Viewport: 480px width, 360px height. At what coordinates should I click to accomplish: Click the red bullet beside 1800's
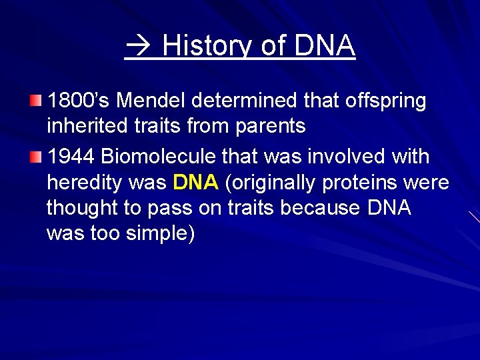(35, 101)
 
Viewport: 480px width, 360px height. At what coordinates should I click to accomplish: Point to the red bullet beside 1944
(35, 157)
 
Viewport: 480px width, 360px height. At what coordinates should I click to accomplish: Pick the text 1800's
(73, 101)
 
